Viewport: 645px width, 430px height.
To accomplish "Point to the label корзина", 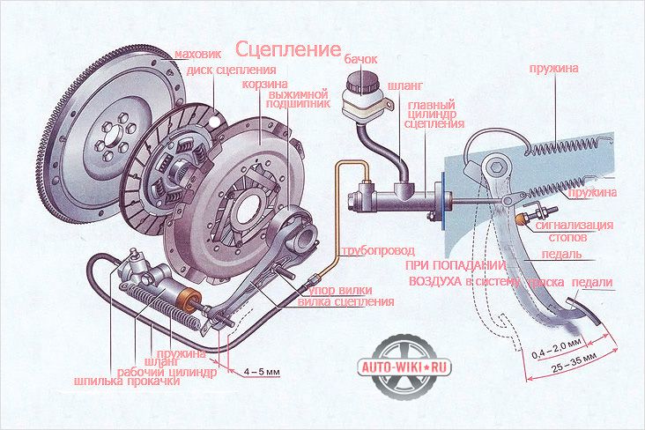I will coord(262,85).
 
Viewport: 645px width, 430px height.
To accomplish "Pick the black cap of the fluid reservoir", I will coord(359,83).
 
